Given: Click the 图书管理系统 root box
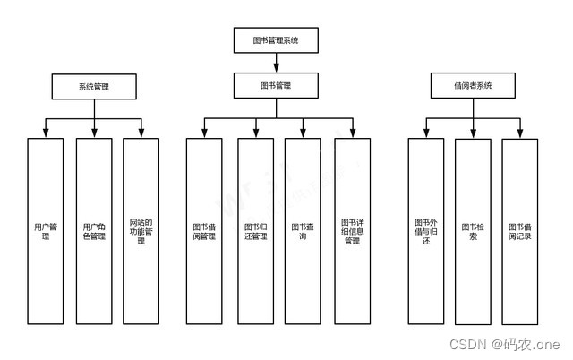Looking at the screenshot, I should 276,39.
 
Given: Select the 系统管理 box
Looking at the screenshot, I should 94,86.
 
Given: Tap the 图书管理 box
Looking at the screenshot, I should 276,86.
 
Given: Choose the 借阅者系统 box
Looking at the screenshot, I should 473,86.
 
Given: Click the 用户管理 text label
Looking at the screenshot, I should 46,232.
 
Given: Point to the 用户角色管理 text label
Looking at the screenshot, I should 94,232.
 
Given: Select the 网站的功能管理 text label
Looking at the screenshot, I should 141,232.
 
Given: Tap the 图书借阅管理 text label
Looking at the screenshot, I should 204,232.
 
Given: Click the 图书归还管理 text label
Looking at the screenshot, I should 255,232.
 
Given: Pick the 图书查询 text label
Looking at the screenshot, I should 303,232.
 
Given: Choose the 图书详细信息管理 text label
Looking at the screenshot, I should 352,232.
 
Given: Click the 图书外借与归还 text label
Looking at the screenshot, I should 425,232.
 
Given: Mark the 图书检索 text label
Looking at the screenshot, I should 473,232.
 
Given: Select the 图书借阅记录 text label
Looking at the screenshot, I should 519,232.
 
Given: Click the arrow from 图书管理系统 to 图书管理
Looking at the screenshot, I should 276,62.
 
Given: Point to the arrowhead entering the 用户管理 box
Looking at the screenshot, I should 46,133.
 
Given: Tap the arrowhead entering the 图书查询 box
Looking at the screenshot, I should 303,133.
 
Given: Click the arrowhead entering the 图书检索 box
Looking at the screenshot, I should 473,133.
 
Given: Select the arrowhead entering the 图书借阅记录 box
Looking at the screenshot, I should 519,133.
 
